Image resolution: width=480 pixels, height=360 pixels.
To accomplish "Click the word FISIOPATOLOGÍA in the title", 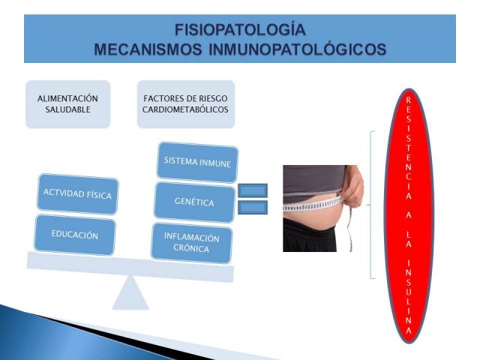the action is click(x=240, y=30).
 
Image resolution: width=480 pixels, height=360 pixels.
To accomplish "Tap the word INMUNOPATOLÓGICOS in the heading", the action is click(x=297, y=49).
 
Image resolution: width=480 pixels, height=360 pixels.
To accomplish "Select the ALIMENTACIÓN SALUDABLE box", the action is click(x=67, y=104).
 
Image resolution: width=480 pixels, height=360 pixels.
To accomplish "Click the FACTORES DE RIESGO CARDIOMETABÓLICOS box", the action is click(x=186, y=104).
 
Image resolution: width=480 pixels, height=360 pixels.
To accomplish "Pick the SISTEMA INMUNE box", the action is click(x=197, y=162).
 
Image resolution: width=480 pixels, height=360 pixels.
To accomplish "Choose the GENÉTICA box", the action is click(x=194, y=202).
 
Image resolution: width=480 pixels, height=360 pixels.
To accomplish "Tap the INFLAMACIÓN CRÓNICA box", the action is click(x=192, y=243).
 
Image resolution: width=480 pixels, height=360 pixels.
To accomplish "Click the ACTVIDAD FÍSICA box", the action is click(x=78, y=193).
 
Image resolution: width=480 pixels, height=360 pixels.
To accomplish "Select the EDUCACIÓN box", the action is click(x=75, y=235).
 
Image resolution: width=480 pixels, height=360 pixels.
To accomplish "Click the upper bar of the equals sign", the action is click(x=253, y=190).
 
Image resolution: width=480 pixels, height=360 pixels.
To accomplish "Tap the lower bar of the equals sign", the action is click(x=253, y=207).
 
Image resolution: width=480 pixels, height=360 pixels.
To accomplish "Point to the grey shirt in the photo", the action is click(x=312, y=181).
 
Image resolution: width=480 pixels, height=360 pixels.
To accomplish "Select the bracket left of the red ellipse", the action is click(x=370, y=205).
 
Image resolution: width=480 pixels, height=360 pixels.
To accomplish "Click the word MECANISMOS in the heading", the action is click(x=148, y=49).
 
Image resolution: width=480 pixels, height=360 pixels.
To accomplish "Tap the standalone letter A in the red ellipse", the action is click(x=409, y=215).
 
